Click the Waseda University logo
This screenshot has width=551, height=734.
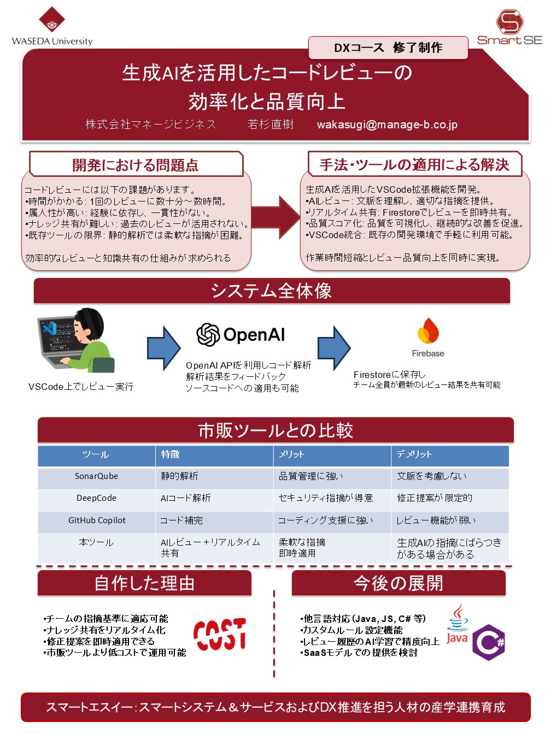point(52,26)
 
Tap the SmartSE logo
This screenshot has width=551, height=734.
point(509,27)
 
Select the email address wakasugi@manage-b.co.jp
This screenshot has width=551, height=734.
point(386,125)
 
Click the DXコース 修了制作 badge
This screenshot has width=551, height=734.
point(388,48)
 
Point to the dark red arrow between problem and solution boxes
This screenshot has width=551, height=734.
point(275,217)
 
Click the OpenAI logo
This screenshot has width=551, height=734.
point(241,334)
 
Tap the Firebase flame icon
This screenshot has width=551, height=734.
point(428,331)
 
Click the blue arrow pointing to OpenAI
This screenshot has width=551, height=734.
point(163,348)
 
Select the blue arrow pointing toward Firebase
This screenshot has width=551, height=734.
point(334,348)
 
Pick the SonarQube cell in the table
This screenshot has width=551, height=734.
point(96,476)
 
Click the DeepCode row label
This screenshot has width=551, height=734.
point(96,498)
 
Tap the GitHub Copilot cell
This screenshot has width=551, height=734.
point(97,520)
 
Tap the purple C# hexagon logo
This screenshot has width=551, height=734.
point(489,642)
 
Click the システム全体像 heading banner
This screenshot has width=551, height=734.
point(272,291)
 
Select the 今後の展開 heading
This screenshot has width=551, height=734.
point(398,583)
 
